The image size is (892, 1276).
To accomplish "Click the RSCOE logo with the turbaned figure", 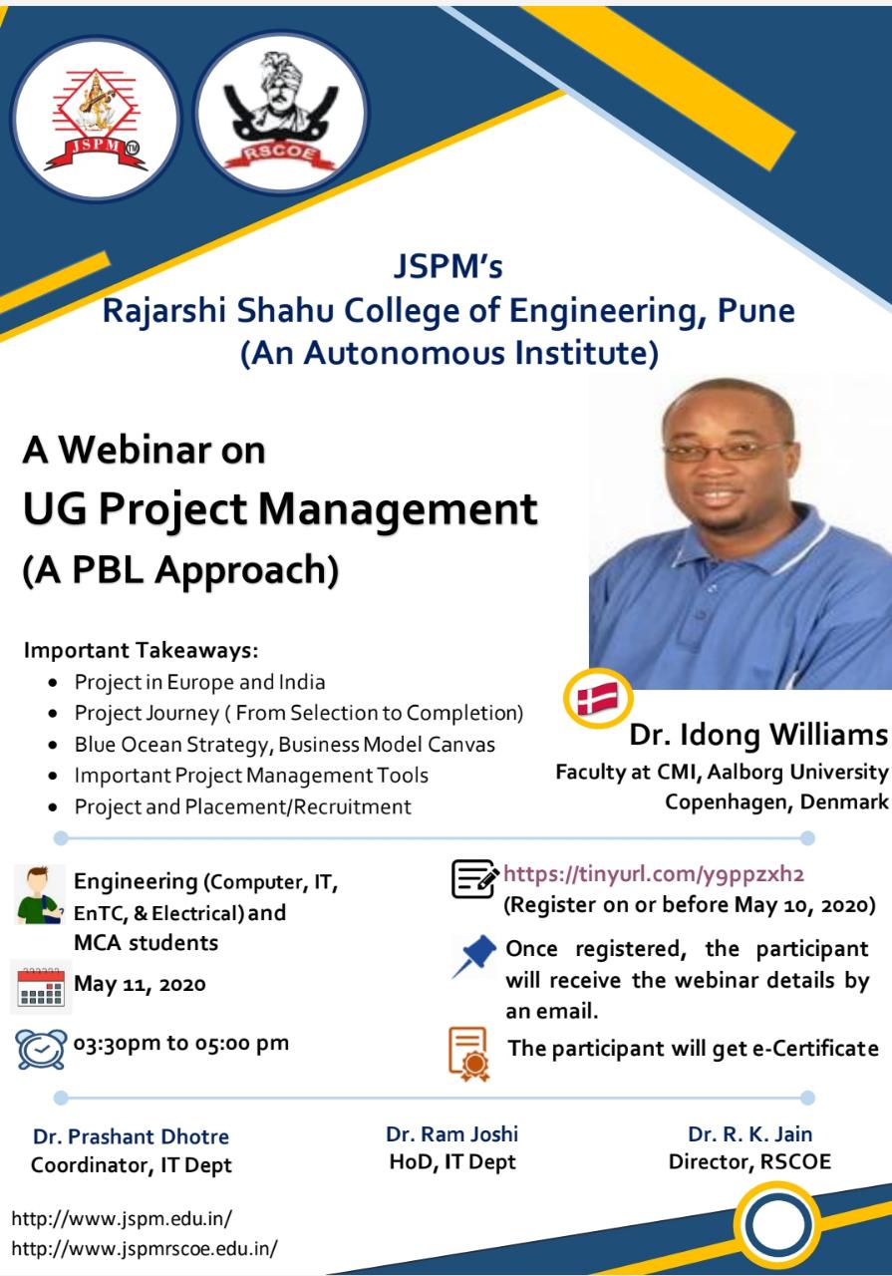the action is [281, 113].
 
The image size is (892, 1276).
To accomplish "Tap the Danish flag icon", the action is [598, 698].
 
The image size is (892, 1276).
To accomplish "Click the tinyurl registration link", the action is [654, 873].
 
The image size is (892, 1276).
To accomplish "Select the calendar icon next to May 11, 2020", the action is [41, 987].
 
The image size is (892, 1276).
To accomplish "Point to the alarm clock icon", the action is [41, 1049].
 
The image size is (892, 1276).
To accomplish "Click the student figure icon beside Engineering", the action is [39, 895].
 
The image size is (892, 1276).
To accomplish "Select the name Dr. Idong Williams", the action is [758, 735].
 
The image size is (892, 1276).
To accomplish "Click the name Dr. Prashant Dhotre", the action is [131, 1136].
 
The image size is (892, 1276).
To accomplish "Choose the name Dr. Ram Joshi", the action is [451, 1134].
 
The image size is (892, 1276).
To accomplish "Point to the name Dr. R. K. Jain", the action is [749, 1134].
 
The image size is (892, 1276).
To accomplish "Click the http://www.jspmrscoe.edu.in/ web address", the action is [145, 1249].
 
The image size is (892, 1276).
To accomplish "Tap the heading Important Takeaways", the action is [141, 650].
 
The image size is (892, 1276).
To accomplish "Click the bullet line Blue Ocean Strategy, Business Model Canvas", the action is [285, 745].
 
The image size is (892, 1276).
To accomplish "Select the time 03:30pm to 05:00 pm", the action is [181, 1044].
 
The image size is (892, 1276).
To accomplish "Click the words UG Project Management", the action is [280, 508].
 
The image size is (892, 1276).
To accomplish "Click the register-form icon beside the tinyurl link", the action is [473, 879].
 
